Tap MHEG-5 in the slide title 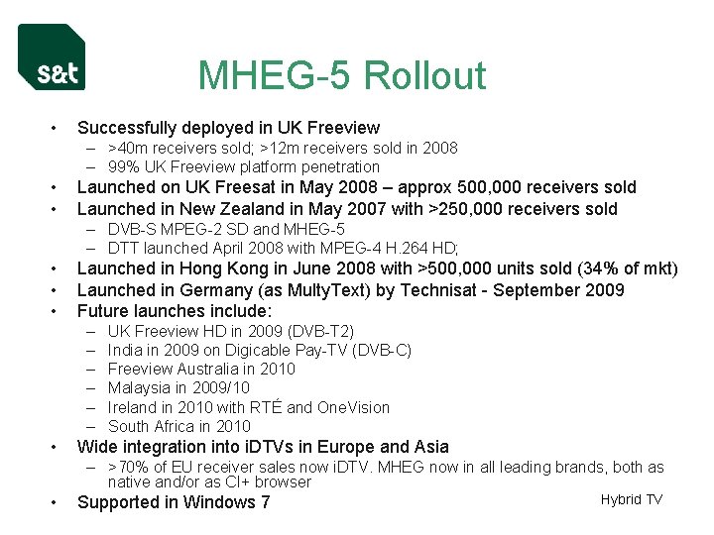click(267, 76)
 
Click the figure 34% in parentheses click(581, 268)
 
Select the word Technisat click(434, 290)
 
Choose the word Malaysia click(138, 387)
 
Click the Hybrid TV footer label click(631, 499)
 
